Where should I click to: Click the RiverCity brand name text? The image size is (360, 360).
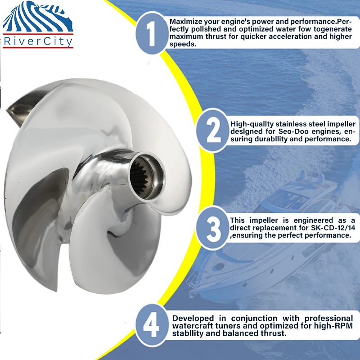(x=38, y=41)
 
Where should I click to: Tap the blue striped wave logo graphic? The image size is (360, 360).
(x=38, y=16)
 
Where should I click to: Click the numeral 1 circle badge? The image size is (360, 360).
(x=152, y=33)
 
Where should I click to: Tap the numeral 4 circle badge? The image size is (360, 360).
(x=152, y=325)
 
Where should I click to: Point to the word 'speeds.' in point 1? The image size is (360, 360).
(x=183, y=44)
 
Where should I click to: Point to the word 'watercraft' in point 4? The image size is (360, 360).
(x=193, y=326)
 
